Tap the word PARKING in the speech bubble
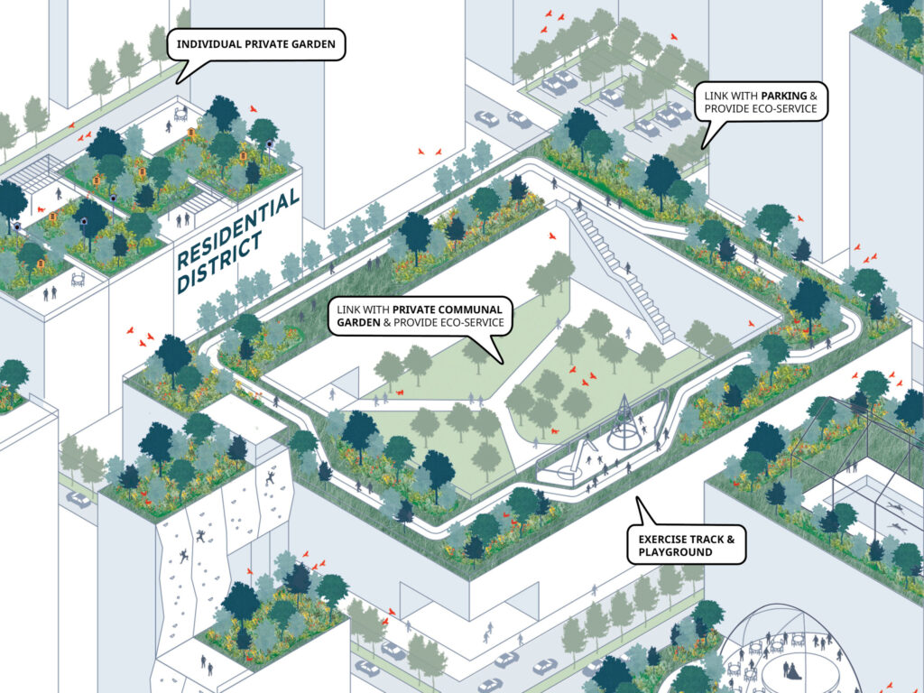click(x=784, y=96)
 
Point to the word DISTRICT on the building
click(x=219, y=263)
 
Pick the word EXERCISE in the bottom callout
click(x=663, y=540)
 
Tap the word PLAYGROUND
click(x=675, y=552)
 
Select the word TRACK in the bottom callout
click(x=707, y=540)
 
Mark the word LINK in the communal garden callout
click(x=348, y=310)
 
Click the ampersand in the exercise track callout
click(x=731, y=540)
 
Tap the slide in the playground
click(x=579, y=460)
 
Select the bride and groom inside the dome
click(x=790, y=670)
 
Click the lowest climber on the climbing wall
click(x=184, y=556)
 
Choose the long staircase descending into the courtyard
click(x=621, y=270)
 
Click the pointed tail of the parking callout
click(x=702, y=148)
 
